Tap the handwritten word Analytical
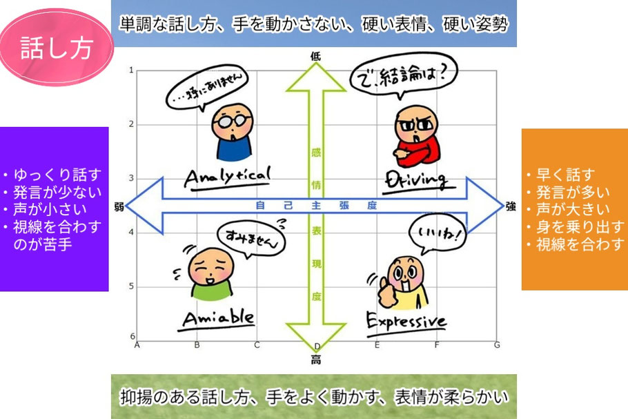226,176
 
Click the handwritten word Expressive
406,321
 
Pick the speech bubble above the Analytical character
208,91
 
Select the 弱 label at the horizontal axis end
119,206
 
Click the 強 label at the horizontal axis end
511,206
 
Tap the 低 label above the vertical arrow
316,58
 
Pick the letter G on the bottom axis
497,344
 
